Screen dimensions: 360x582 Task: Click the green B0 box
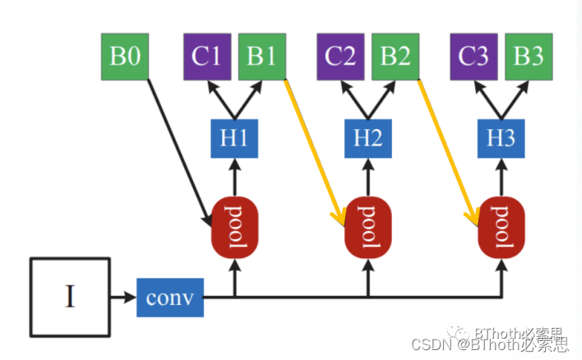125,57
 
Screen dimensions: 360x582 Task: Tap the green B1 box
261,57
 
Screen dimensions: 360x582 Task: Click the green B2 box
395,57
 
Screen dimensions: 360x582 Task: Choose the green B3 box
529,57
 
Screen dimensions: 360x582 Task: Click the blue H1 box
234,138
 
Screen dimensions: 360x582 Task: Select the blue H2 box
368,138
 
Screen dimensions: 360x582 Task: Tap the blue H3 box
502,138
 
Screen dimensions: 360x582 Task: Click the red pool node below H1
235,225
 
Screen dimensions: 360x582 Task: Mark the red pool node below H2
369,225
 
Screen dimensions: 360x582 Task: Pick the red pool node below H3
502,225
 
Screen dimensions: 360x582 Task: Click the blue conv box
169,297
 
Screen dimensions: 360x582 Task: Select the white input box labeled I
70,297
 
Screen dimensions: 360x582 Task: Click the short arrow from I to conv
123,297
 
